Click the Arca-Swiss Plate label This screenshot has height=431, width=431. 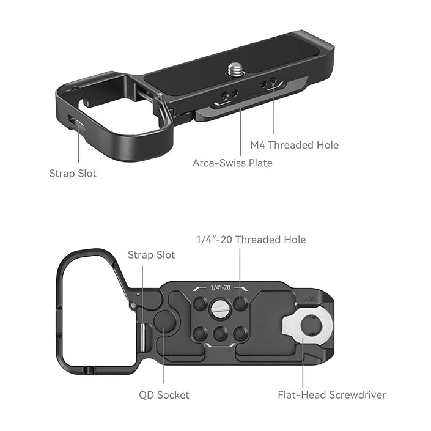[232, 163]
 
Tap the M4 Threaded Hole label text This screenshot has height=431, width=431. [294, 145]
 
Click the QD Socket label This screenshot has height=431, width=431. [164, 395]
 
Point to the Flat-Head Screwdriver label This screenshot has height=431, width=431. [332, 395]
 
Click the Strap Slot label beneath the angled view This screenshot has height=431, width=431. [73, 173]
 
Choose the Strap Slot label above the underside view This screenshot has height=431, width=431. [151, 255]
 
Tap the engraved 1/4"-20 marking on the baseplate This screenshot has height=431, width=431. [219, 287]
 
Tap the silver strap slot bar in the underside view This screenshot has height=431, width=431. [143, 338]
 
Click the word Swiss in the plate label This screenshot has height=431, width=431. [235, 163]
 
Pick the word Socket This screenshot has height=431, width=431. [174, 395]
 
